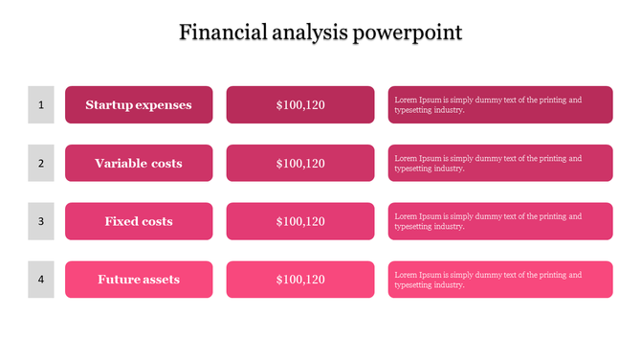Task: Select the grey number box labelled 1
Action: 41,104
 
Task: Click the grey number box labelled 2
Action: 41,163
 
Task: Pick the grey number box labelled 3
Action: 41,221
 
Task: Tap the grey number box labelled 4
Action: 41,280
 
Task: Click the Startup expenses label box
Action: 139,104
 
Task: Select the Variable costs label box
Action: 139,163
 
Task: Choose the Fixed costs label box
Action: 139,221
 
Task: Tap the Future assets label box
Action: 139,280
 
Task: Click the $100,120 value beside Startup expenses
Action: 300,105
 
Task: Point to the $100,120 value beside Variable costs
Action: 300,164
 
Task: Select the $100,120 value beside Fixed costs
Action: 300,222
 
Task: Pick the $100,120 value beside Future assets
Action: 300,280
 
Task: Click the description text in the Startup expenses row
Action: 488,105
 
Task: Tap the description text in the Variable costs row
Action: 488,164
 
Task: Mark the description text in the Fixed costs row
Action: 488,222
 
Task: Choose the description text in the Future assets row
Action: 488,280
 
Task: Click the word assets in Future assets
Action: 162,280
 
